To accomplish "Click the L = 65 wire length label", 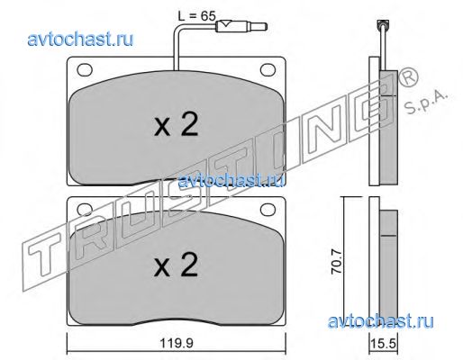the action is point(197,15).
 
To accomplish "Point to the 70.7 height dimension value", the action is point(336,263).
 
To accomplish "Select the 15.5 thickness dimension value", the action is point(384,343).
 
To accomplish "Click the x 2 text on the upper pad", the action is point(176,125).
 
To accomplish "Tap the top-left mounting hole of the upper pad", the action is point(85,70).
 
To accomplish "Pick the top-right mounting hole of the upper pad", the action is point(268,70).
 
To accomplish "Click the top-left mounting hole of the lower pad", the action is point(85,209).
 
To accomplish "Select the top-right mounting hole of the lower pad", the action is point(268,209).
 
